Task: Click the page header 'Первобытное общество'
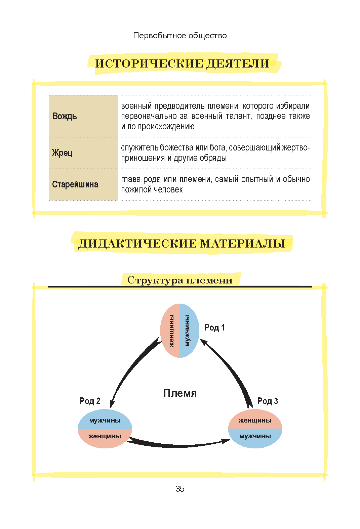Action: (x=180, y=36)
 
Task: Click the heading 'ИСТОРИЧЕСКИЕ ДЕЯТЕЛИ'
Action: (x=182, y=64)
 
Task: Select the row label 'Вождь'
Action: (x=65, y=116)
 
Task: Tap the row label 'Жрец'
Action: (x=62, y=153)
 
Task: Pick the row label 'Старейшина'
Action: (x=75, y=184)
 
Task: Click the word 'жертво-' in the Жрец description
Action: (x=296, y=147)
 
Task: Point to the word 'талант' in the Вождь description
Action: (x=239, y=116)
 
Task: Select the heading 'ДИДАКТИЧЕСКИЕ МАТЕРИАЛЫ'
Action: (x=182, y=244)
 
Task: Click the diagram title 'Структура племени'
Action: (x=180, y=280)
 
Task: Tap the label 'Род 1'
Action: (x=215, y=327)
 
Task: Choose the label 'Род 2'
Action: (x=90, y=401)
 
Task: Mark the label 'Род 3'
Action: (x=268, y=401)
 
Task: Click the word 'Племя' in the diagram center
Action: (x=180, y=393)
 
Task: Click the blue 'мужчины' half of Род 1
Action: (x=189, y=330)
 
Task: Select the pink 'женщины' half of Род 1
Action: (x=170, y=330)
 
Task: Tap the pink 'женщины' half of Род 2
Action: (x=105, y=438)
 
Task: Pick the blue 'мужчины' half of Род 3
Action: (x=255, y=438)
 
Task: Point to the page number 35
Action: (x=180, y=489)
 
